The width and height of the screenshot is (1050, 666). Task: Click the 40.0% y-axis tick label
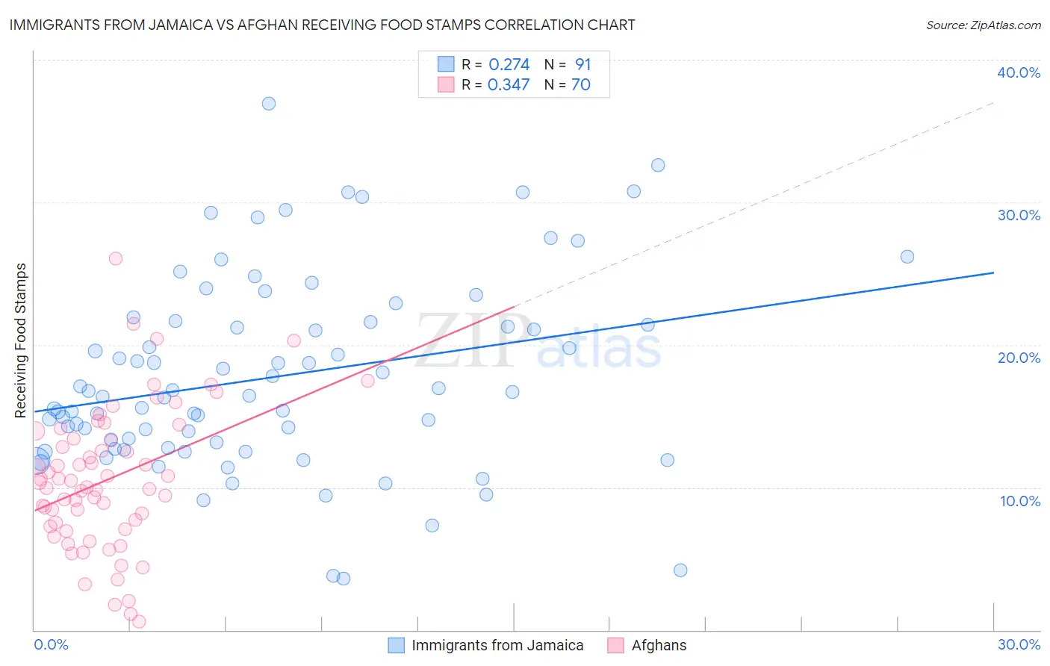tap(1019, 72)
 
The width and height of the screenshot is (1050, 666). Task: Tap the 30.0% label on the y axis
tap(1019, 215)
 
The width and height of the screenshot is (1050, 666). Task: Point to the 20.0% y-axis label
tap(1019, 358)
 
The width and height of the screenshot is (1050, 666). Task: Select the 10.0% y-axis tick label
tap(1020, 501)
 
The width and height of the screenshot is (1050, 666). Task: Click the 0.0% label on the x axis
tap(51, 644)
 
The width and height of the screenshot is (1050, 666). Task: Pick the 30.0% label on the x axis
tap(1019, 644)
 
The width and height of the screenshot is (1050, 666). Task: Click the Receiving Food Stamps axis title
tap(21, 340)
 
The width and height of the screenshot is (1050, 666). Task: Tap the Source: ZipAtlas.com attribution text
tap(983, 25)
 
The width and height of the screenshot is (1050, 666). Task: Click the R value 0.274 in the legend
tap(509, 65)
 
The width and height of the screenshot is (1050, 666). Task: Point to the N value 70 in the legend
tap(580, 85)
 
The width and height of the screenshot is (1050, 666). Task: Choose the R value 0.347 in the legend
tap(509, 85)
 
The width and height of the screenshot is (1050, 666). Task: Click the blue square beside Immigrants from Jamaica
tap(396, 645)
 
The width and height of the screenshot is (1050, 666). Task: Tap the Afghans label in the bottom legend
tap(659, 645)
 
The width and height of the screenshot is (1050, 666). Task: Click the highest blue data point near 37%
tap(269, 104)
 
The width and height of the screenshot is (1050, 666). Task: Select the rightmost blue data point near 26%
tap(907, 257)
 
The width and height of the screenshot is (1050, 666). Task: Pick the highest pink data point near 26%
tap(116, 258)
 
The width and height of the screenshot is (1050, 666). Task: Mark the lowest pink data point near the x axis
tap(138, 621)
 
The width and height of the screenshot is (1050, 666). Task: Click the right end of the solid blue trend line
tap(993, 273)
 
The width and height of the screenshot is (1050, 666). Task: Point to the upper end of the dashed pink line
tap(993, 102)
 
